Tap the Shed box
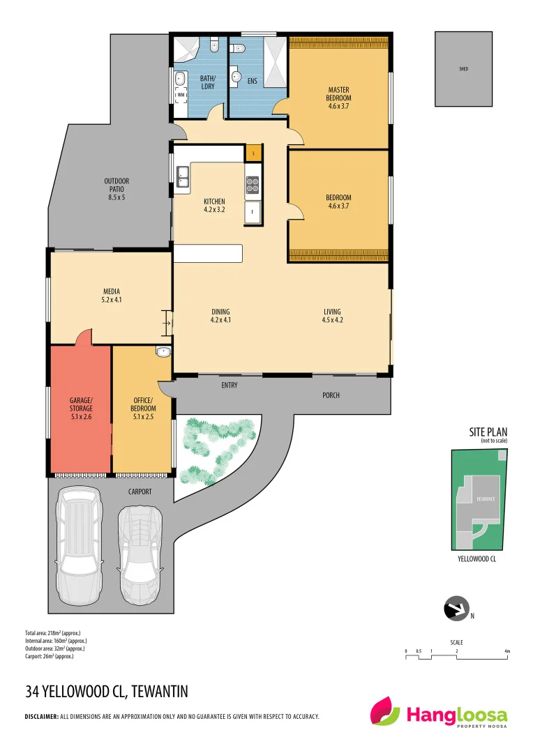coord(463,69)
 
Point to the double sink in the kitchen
coord(183,177)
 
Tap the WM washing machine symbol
coord(180,95)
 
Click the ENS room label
coord(252,82)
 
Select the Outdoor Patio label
coord(117,189)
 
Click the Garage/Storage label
coord(80,408)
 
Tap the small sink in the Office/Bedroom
coord(163,351)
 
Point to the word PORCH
coord(331,395)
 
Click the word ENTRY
coord(230,385)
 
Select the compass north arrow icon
coord(457,609)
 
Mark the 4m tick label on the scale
coord(507,651)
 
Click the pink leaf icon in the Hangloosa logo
coord(385,713)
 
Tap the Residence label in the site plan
coord(486,499)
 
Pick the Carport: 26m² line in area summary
coord(50,656)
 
